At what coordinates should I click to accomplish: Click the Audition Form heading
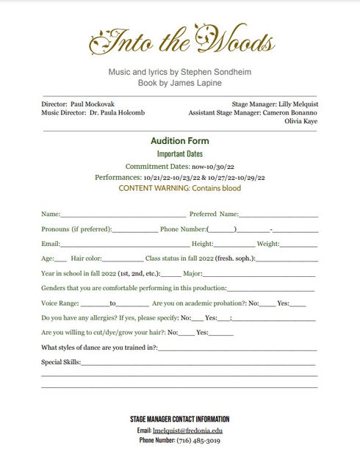pos(179,141)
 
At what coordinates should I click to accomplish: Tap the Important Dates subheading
pos(179,154)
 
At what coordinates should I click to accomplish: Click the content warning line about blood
pos(179,188)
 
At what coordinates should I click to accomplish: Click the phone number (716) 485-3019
pos(198,440)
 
